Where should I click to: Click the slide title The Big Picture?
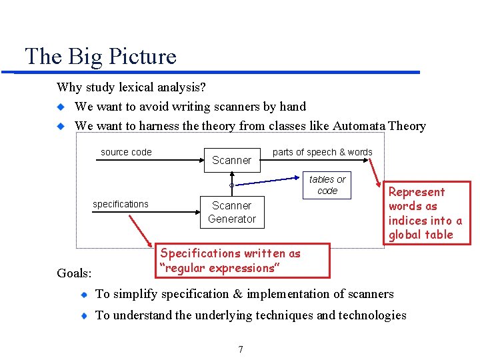[100, 56]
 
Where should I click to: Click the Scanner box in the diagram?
[231, 160]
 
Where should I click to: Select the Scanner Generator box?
[231, 212]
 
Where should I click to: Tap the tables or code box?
[327, 185]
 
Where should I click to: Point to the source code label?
[126, 152]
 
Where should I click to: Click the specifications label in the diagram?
[121, 204]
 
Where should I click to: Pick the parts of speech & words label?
[322, 152]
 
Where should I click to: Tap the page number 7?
[240, 349]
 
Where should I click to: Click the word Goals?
[74, 272]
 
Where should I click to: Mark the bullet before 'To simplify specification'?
[83, 295]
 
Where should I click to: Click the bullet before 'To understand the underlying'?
[83, 316]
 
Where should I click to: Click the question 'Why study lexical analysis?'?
[131, 87]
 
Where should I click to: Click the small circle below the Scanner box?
[231, 185]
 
